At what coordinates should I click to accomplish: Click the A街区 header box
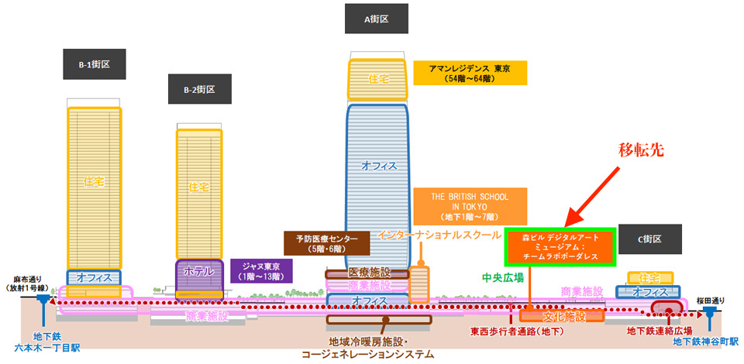point(377,19)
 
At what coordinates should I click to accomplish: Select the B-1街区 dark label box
point(95,64)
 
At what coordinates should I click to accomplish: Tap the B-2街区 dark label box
point(200,88)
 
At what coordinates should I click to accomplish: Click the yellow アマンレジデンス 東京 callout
point(470,73)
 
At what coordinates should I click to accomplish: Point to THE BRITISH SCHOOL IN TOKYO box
point(470,206)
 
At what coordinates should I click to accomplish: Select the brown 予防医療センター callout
point(327,243)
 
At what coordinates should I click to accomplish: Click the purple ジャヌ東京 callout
point(261,271)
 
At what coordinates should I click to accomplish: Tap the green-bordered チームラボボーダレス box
point(560,246)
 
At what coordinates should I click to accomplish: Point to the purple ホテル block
point(199,277)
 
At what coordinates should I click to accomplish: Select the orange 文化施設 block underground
point(562,316)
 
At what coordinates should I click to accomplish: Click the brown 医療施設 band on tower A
point(367,273)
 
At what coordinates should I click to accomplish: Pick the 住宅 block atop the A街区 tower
point(377,79)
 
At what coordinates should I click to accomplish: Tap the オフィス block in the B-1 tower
point(94,277)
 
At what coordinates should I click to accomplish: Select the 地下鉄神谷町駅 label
point(708,342)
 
